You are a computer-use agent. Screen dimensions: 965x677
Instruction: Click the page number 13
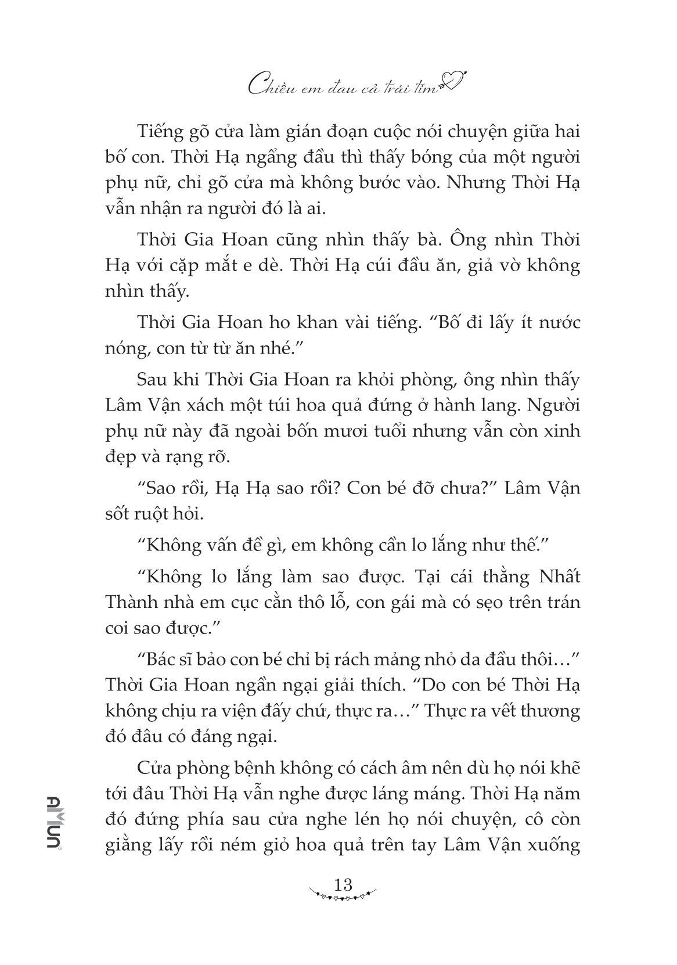click(x=343, y=884)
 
